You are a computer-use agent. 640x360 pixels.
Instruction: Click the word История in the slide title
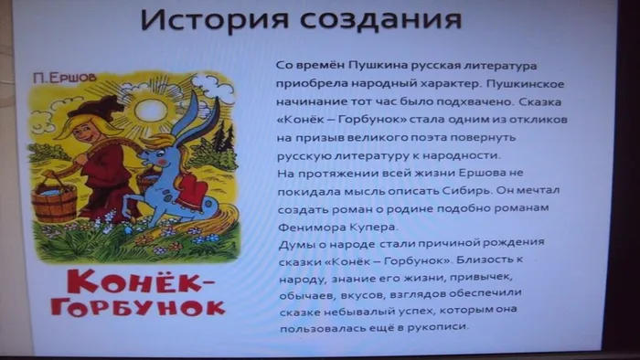(202, 22)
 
